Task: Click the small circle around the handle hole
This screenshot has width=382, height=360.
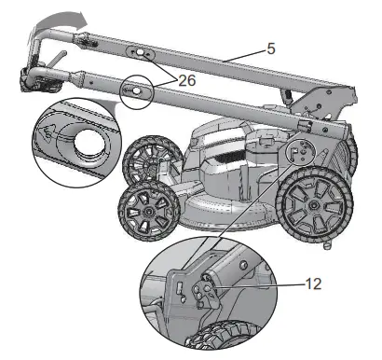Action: [136, 90]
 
